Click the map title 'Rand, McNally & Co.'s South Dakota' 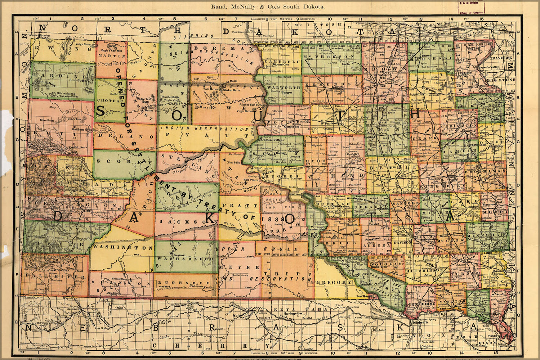(x=267, y=6)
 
